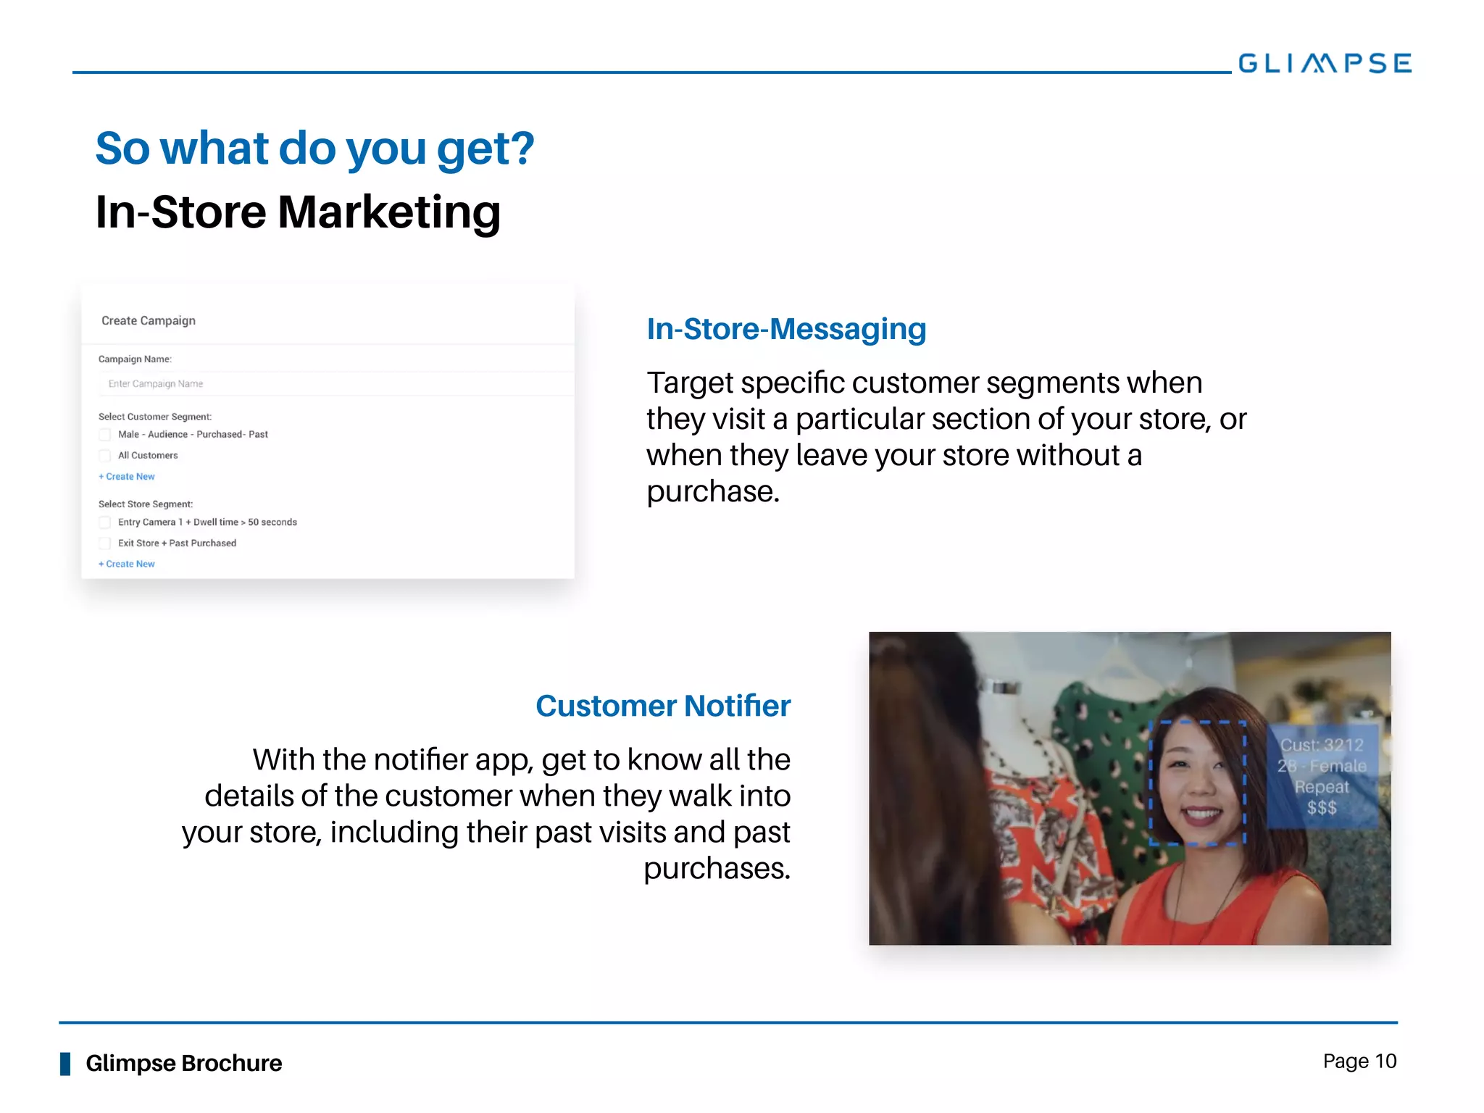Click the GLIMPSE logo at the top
[1324, 63]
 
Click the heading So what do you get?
[314, 149]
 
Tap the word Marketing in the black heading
[388, 212]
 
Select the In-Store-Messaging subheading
[785, 329]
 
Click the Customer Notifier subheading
[662, 706]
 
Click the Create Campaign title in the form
[149, 320]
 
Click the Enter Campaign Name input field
[333, 383]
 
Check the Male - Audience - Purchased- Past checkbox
[105, 435]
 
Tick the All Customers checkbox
[105, 456]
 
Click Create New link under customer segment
[127, 477]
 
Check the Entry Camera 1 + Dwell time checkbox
[105, 522]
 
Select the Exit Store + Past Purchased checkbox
[105, 543]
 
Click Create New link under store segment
[127, 564]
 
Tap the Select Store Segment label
[146, 504]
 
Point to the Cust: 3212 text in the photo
[1322, 745]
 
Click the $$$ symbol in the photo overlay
[1322, 808]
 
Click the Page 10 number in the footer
[1359, 1062]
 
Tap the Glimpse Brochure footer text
[183, 1063]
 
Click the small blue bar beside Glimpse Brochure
[65, 1064]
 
